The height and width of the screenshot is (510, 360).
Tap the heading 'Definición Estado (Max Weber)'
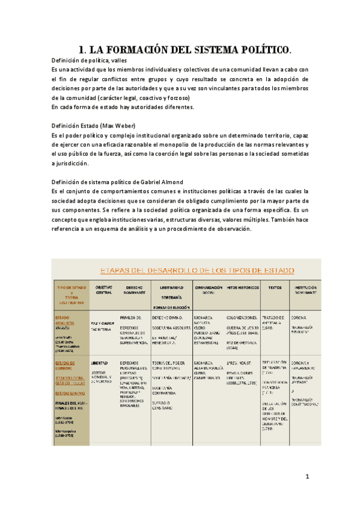click(x=93, y=125)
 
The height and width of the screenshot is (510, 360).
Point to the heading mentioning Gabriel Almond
click(x=118, y=182)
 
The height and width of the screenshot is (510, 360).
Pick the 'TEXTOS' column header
click(x=275, y=288)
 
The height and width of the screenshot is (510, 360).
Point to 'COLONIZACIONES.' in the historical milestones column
click(x=242, y=317)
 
